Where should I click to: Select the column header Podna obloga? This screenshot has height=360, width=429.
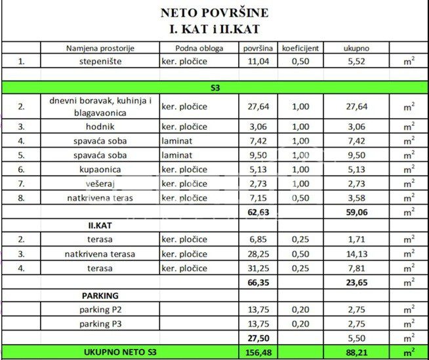pos(200,48)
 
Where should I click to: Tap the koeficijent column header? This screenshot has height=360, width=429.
pos(300,48)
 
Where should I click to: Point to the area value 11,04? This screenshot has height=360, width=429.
pos(257,62)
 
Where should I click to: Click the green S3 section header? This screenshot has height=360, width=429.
pos(214,87)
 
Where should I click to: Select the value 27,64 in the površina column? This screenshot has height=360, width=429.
pos(257,106)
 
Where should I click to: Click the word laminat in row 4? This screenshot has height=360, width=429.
pos(176,141)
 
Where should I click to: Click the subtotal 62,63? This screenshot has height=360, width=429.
pos(257,212)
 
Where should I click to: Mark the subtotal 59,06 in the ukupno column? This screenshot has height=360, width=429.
pos(357,212)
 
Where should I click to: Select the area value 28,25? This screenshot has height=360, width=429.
pos(257,254)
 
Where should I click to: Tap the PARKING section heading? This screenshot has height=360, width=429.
pos(100,296)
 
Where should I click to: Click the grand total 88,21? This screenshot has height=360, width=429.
pos(357,352)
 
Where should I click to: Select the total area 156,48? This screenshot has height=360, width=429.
pos(257,352)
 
